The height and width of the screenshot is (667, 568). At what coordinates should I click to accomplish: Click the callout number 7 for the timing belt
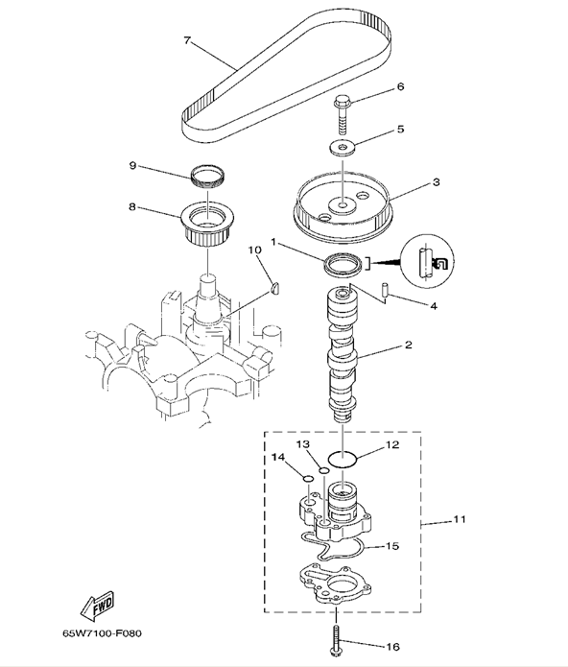point(187,41)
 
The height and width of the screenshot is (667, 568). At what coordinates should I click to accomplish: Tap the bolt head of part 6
point(342,102)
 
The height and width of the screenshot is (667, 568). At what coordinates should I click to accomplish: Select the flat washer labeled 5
point(343,147)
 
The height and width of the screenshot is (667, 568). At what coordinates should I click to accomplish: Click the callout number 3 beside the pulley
point(437,182)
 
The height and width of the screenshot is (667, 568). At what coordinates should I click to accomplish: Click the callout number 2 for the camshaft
point(409,345)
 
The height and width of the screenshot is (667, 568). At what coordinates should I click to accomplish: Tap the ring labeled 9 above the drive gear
point(208,177)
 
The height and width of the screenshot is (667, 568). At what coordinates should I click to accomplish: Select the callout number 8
point(132,206)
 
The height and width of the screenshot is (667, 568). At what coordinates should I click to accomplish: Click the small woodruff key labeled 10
point(274,289)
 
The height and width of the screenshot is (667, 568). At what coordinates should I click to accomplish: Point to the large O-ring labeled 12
point(343,460)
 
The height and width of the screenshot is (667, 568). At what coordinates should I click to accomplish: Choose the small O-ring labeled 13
point(324,470)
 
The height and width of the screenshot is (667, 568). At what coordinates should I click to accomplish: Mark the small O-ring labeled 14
point(308,480)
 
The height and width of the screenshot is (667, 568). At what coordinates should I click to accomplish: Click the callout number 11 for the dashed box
point(460,519)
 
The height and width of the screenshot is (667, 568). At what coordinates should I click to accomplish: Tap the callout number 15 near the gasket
point(392,546)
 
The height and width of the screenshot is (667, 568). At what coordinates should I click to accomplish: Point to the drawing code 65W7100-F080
point(102,633)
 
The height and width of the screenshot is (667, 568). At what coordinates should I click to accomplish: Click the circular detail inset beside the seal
point(428,259)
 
